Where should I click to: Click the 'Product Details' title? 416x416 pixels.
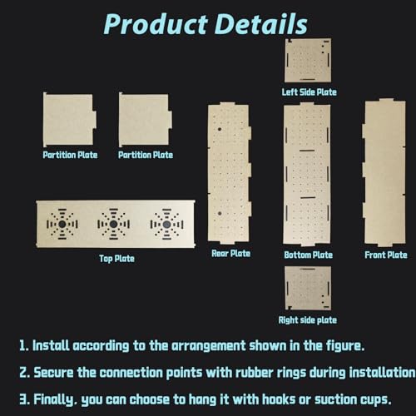(x=206, y=24)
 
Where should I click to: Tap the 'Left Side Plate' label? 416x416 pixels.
(x=310, y=92)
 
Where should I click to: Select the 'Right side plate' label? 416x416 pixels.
(x=308, y=320)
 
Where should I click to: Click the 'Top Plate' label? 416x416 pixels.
(x=116, y=259)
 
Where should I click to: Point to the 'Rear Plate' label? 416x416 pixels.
(x=230, y=254)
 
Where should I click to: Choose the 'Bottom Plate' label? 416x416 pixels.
(x=308, y=255)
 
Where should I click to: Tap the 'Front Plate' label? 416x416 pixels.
(x=386, y=255)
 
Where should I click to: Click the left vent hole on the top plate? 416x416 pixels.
(x=62, y=224)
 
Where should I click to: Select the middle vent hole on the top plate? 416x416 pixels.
(x=113, y=224)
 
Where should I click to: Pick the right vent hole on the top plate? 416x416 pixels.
(x=166, y=224)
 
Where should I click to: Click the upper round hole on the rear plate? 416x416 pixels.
(x=220, y=129)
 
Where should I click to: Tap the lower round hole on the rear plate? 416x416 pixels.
(x=220, y=214)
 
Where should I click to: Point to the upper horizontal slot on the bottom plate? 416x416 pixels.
(x=307, y=151)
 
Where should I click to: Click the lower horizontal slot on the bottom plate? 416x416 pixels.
(x=308, y=198)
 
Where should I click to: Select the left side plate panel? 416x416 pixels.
(x=308, y=61)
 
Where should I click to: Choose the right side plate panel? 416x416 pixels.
(x=308, y=288)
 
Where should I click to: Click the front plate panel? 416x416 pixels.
(x=384, y=172)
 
